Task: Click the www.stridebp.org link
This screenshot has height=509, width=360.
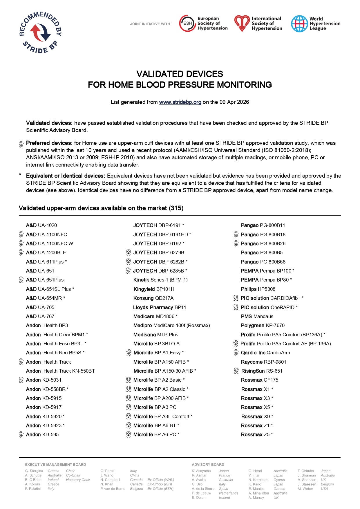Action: click(180, 102)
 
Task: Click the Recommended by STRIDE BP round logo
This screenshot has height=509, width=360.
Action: click(40, 33)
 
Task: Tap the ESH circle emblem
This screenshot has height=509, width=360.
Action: click(187, 24)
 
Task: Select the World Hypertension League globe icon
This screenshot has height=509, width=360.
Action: click(299, 24)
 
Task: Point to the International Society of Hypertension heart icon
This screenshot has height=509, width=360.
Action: click(242, 24)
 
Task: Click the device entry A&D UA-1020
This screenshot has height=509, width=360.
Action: click(41, 225)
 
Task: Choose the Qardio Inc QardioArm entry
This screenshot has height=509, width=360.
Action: click(265, 353)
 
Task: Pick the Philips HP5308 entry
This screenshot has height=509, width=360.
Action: click(258, 289)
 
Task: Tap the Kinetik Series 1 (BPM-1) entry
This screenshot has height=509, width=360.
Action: click(160, 280)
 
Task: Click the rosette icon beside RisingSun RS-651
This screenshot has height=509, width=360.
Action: click(236, 371)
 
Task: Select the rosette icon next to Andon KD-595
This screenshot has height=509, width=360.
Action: click(21, 434)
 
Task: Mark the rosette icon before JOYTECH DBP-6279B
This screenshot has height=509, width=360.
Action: click(129, 252)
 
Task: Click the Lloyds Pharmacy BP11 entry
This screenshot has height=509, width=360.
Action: click(160, 307)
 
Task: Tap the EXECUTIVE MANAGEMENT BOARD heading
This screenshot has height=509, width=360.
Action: click(55, 465)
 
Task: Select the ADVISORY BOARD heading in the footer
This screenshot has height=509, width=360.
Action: click(208, 465)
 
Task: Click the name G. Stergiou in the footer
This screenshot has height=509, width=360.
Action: click(34, 471)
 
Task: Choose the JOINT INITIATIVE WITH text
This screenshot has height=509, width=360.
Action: click(150, 24)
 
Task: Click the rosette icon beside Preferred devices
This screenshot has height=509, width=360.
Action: click(21, 144)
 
